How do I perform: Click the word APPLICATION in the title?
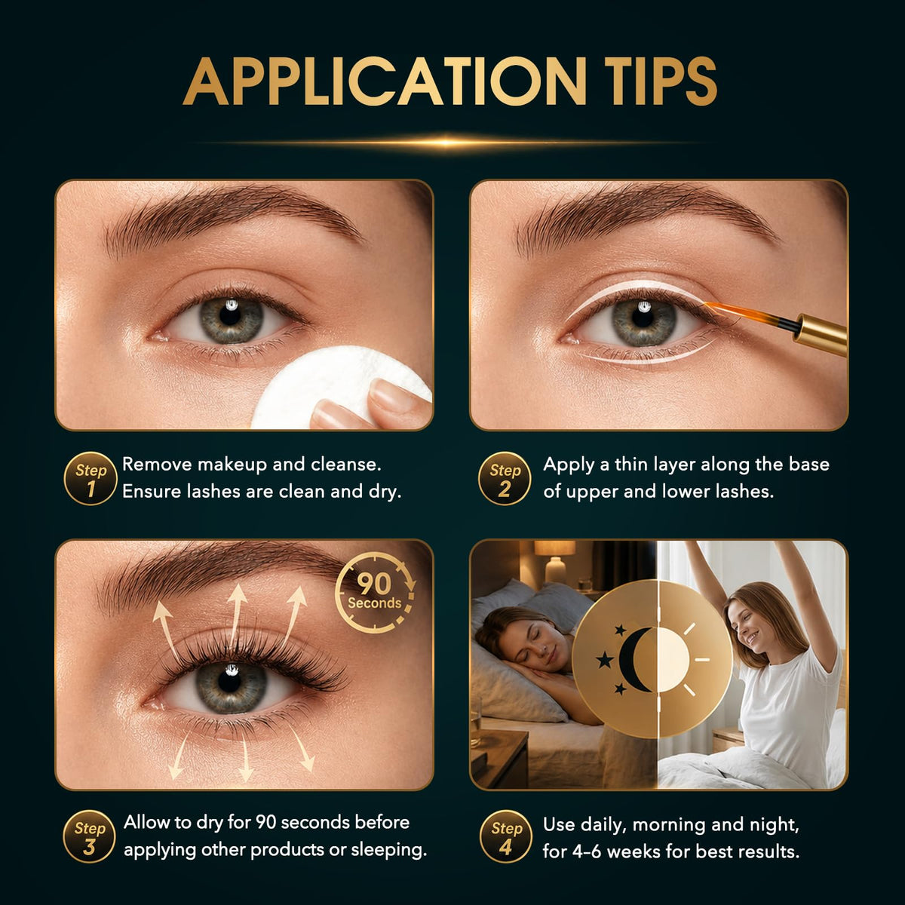384,81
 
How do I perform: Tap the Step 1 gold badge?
90,479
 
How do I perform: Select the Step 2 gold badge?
505,479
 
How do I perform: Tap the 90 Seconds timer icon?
376,593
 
